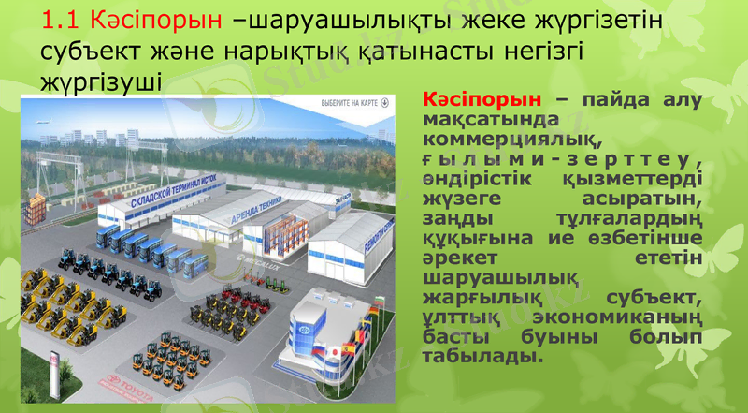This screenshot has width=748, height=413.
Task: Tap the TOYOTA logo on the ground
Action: click(127, 381)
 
